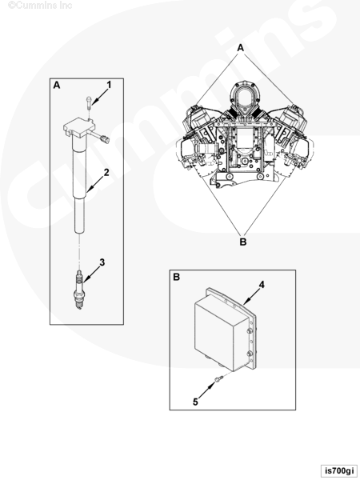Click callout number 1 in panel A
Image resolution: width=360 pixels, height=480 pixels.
click(109, 85)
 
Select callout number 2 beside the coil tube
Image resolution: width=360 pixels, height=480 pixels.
click(106, 172)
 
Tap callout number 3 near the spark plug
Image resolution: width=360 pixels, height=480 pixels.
click(102, 262)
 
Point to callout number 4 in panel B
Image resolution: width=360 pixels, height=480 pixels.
click(262, 285)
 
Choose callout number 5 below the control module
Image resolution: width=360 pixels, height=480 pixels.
click(195, 402)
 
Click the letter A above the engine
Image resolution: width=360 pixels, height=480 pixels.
click(241, 48)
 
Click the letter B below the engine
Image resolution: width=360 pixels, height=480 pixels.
click(242, 242)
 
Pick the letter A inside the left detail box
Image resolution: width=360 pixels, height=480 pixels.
click(57, 85)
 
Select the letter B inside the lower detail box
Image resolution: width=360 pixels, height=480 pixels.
click(176, 277)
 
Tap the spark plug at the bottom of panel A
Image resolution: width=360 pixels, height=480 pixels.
click(79, 290)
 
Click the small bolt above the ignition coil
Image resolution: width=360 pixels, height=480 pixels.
click(89, 102)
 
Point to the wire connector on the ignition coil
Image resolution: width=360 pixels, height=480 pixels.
click(106, 139)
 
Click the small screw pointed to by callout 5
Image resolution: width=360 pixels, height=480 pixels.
click(218, 379)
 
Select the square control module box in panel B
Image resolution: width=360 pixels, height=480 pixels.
click(226, 330)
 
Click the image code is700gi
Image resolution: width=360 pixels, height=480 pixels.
click(339, 470)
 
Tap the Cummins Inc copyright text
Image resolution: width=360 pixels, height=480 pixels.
click(40, 6)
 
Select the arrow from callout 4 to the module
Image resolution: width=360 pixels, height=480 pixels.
click(252, 296)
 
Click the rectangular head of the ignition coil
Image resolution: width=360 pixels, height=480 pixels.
click(79, 127)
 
